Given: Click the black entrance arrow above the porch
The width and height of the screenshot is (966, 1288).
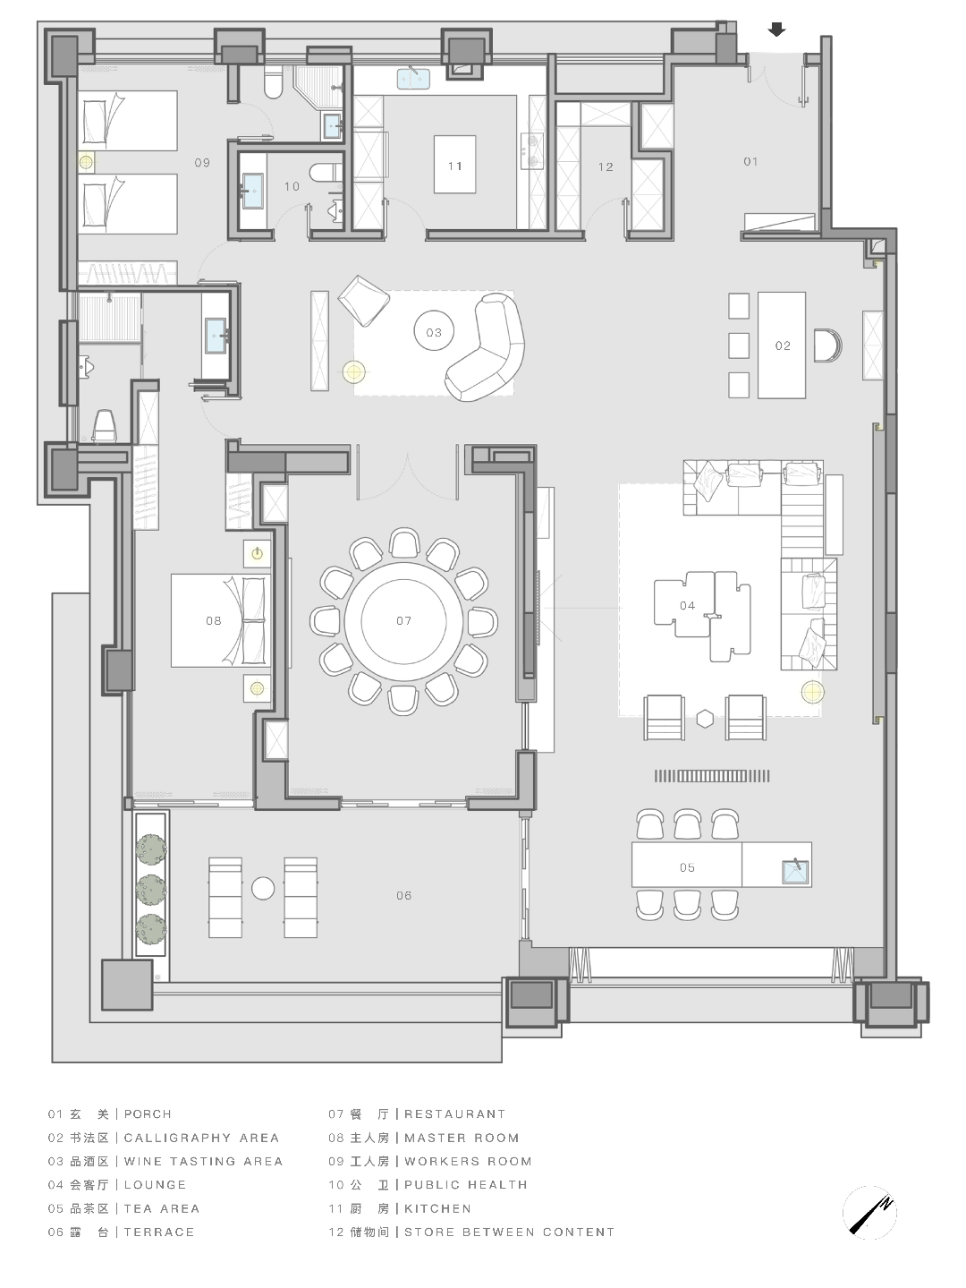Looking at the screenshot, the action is click(x=776, y=30).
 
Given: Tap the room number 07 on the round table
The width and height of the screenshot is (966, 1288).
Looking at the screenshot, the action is click(x=403, y=620).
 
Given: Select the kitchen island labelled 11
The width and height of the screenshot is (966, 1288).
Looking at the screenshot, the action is click(x=455, y=164).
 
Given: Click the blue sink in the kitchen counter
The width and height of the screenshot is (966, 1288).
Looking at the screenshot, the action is click(x=413, y=79).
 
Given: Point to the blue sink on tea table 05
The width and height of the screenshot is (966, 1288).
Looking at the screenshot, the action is click(x=795, y=872).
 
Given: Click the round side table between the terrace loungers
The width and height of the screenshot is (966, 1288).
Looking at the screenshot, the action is click(x=263, y=889).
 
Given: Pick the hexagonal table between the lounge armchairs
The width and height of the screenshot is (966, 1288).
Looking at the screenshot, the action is click(x=705, y=718).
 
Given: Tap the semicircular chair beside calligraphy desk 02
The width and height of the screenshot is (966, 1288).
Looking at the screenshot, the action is click(x=827, y=345).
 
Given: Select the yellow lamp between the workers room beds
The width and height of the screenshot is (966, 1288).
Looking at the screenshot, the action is click(x=86, y=162).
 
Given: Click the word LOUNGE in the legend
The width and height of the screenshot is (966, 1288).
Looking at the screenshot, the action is click(x=155, y=1185).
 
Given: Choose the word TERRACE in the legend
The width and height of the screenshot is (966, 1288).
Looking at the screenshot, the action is click(x=159, y=1232).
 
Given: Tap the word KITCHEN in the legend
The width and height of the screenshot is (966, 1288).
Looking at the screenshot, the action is click(x=438, y=1208).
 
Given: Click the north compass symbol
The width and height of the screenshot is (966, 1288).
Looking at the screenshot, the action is click(x=870, y=1212).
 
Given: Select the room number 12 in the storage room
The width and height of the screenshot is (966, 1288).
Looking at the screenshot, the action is click(x=606, y=167).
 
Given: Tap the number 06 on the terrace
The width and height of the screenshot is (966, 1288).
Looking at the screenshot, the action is click(x=403, y=895).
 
